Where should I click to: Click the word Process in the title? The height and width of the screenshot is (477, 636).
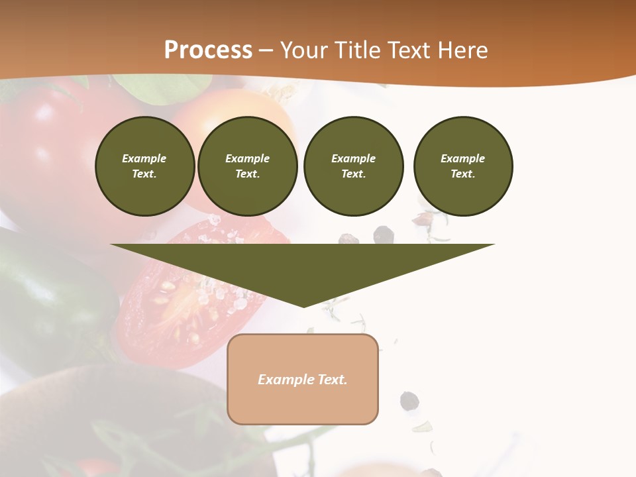208,50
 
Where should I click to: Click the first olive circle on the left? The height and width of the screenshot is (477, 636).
144,166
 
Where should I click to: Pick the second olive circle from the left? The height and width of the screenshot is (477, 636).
247,166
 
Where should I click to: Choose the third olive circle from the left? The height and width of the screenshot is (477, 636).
353,166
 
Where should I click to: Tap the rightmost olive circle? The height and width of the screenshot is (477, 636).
462,166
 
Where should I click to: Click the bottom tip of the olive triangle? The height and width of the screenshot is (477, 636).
303,305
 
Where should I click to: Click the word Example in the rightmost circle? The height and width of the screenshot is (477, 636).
462,158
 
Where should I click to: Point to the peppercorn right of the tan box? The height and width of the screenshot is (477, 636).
409,400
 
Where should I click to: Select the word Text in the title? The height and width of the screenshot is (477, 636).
411,50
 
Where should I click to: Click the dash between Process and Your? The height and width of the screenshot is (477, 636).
266,50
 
